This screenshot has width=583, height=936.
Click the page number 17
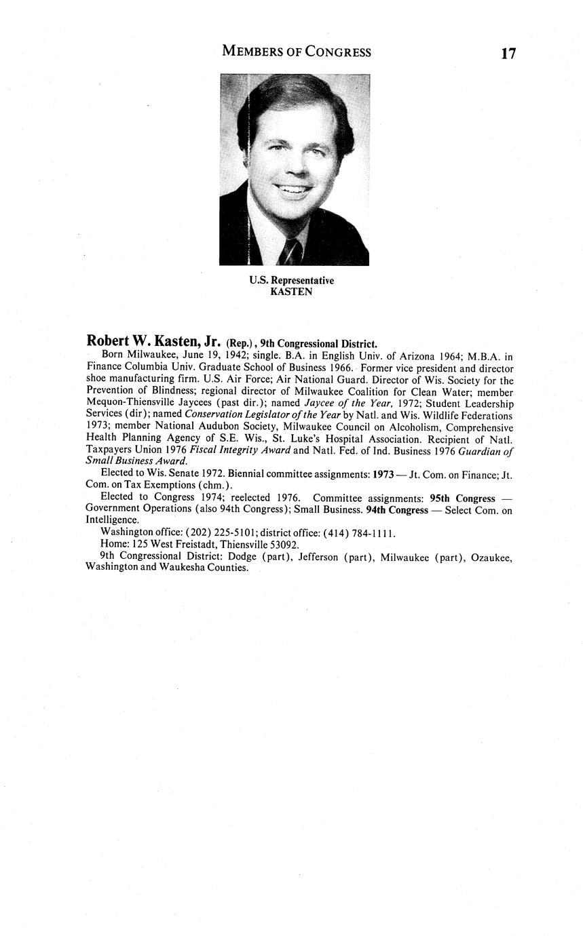click(508, 54)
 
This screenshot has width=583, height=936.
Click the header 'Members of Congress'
click(297, 52)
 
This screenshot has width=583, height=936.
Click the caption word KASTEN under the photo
click(291, 292)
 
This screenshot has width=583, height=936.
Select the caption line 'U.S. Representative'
click(291, 281)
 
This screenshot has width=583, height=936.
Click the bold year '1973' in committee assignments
click(379, 474)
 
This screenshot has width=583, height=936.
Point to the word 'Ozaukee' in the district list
click(490, 557)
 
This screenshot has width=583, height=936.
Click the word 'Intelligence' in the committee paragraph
click(112, 521)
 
